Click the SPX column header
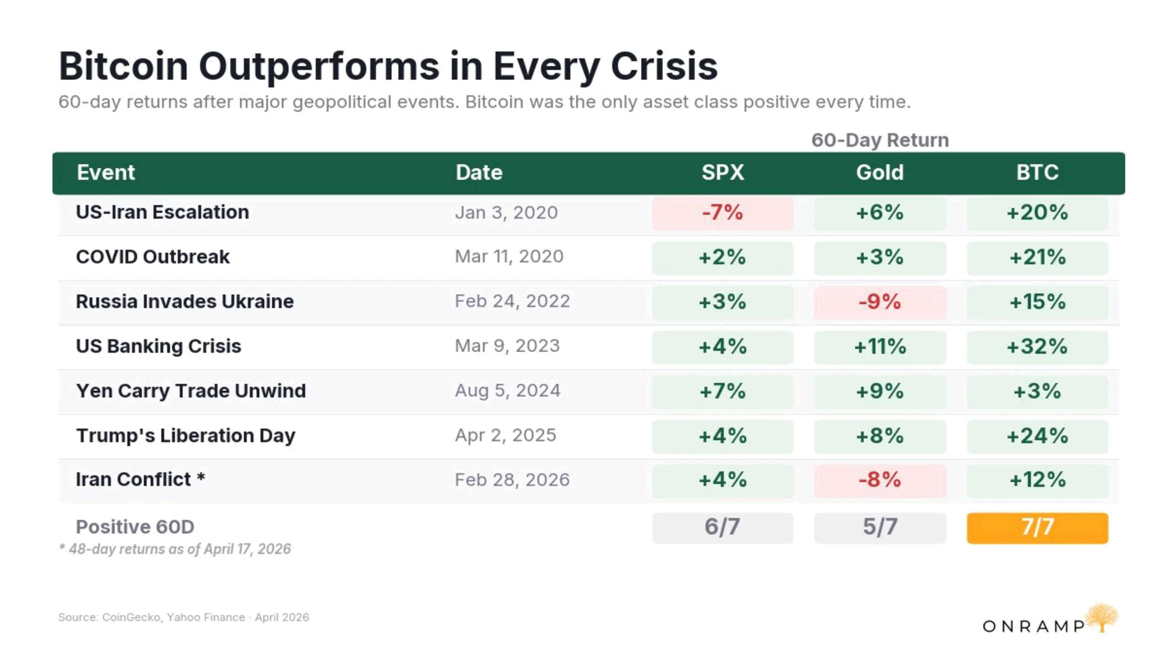coord(722,173)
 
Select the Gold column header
coord(879,173)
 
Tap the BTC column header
coord(1037,173)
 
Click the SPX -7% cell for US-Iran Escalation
coord(722,213)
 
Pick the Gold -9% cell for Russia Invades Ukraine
coord(879,302)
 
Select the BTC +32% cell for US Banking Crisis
coord(1037,347)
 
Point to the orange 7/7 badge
coord(1037,528)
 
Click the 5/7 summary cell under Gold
coord(879,528)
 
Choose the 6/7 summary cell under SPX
coord(722,528)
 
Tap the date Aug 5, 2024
coord(507,391)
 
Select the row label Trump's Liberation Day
coord(186,436)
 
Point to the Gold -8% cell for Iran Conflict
coord(879,480)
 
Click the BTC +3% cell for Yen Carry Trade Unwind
coord(1037,391)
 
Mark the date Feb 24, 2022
coord(512,302)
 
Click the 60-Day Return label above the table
coord(879,140)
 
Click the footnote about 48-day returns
coord(175,549)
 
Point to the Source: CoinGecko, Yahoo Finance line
coord(183,617)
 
